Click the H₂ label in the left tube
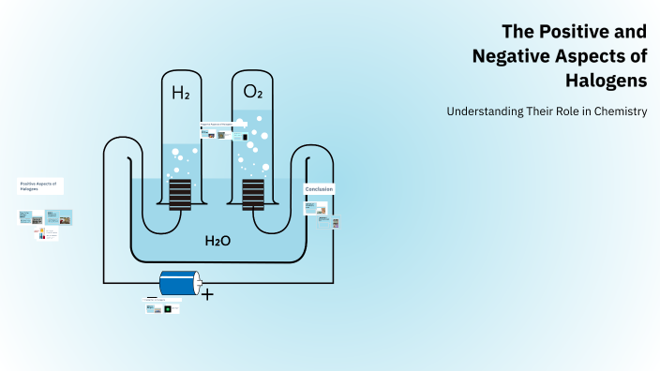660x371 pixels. pos(180,93)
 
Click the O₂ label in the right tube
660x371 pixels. pos(252,92)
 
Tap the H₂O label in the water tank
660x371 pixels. pos(217,241)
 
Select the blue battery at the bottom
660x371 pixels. pos(177,282)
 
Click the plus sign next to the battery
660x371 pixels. pos(207,294)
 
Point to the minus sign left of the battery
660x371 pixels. pos(152,297)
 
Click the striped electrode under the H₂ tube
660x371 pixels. pos(180,194)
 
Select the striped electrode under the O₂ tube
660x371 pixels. pos(252,194)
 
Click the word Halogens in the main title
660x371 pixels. pos(607,82)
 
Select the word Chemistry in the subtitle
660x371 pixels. pos(615,111)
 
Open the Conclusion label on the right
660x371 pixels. pos(319,189)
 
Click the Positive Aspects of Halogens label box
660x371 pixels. pos(40,185)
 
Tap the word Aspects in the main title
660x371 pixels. pos(593,56)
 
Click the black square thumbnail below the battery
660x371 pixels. pos(168,308)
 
